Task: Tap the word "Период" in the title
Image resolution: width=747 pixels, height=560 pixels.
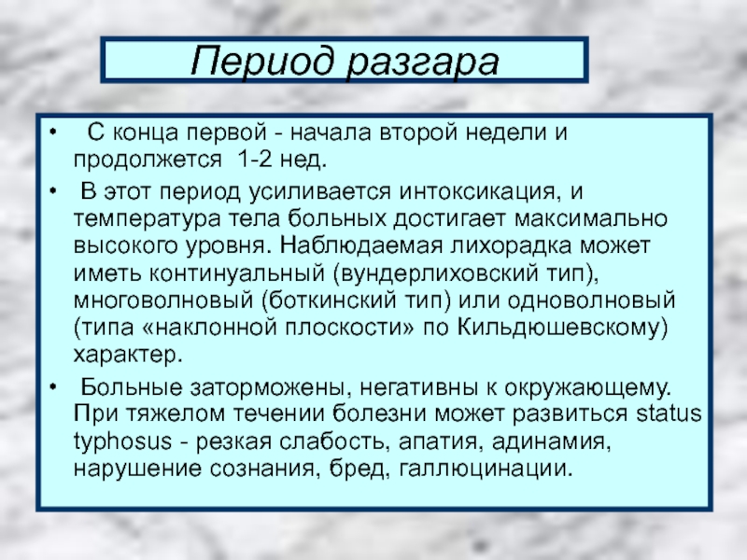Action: click(261, 62)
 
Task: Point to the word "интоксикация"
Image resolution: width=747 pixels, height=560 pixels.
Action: click(477, 192)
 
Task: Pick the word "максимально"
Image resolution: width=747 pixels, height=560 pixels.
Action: click(590, 218)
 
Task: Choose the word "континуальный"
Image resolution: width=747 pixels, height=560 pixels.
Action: click(238, 273)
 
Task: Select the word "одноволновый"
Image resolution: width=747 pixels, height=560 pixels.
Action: click(591, 301)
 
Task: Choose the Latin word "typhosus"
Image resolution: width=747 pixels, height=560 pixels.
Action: click(122, 441)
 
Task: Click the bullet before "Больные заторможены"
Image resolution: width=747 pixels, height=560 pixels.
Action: click(53, 386)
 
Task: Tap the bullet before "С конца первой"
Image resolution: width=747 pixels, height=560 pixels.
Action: click(53, 132)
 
